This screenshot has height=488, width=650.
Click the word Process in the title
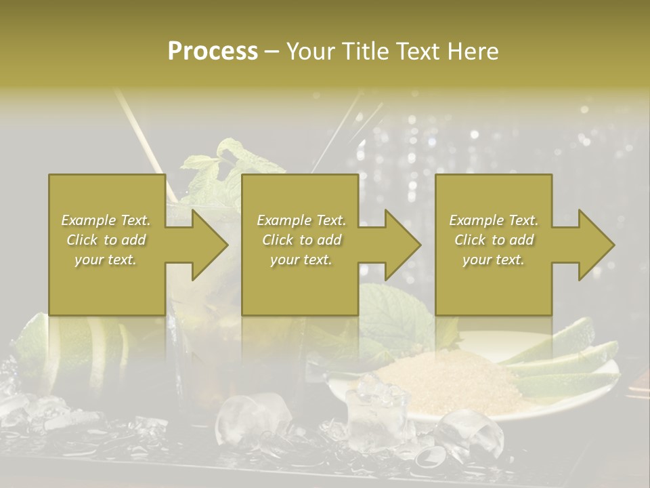click(x=213, y=51)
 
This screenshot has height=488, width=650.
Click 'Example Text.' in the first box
click(x=106, y=220)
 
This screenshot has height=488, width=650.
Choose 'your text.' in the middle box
click(x=301, y=260)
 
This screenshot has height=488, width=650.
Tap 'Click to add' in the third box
click(x=494, y=240)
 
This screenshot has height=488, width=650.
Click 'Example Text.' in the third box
click(x=494, y=220)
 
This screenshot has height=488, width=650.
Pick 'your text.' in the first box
click(x=106, y=260)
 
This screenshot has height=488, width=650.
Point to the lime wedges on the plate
click(x=562, y=366)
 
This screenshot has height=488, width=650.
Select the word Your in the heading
click(x=309, y=51)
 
